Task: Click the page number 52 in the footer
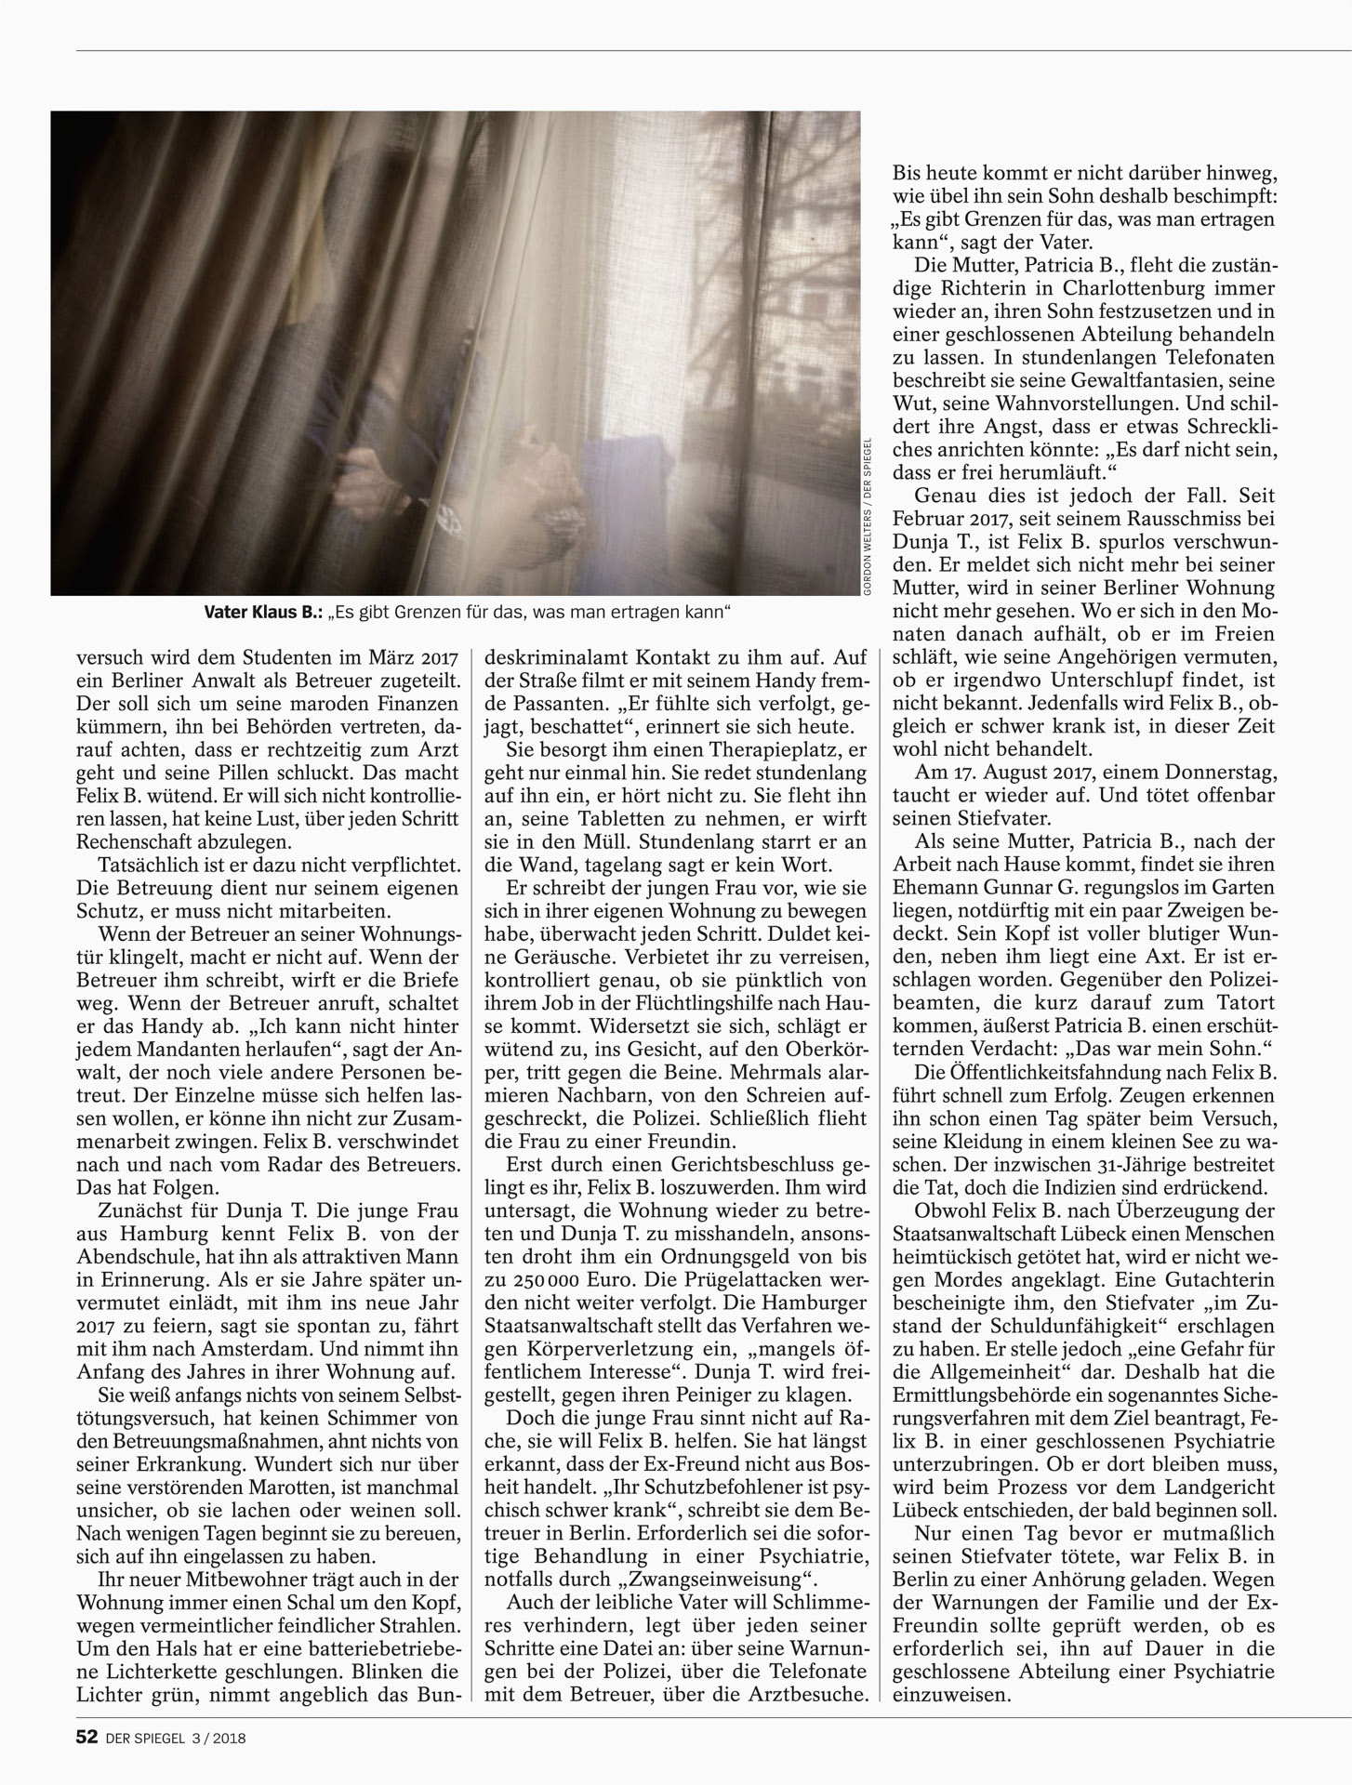click(x=86, y=1736)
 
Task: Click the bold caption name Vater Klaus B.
click(x=263, y=614)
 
